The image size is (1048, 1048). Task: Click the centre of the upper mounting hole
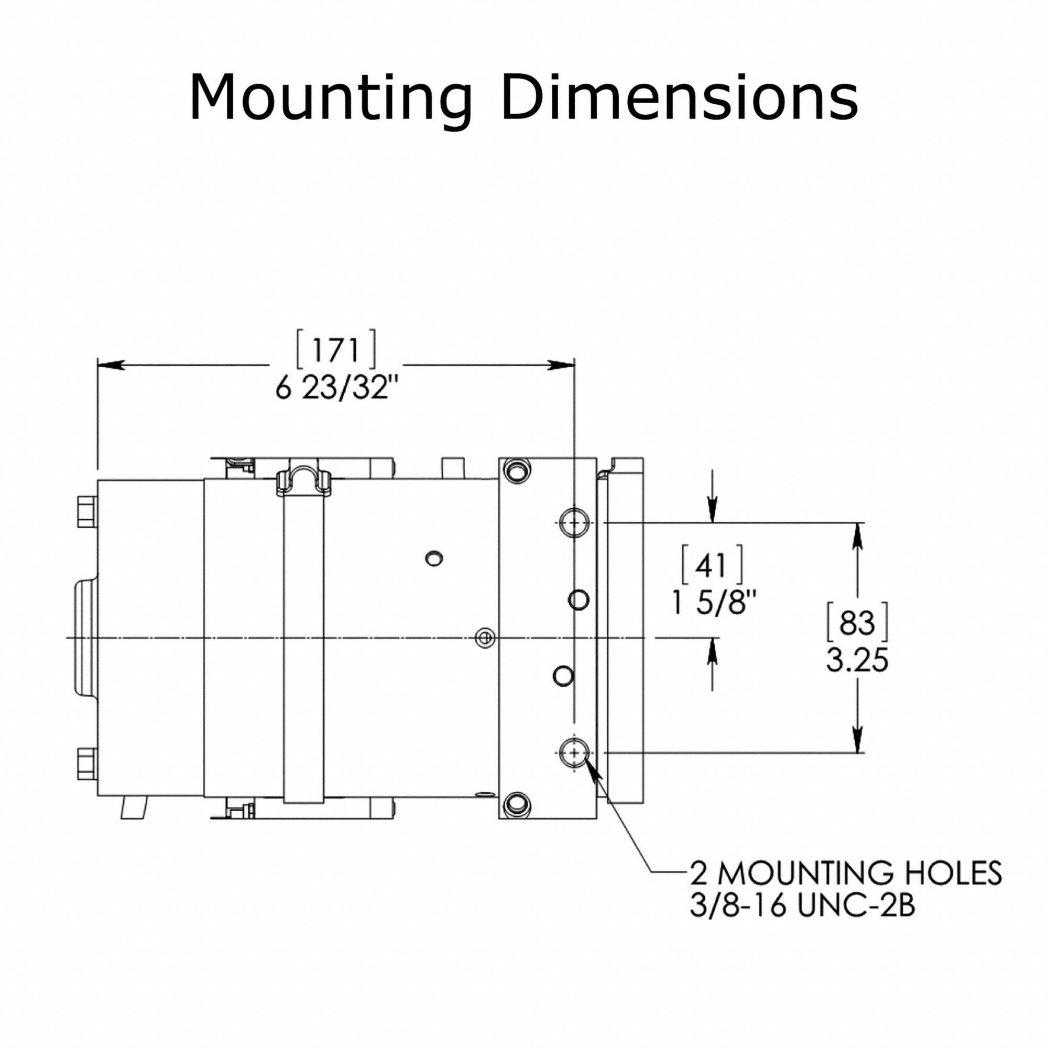pos(574,523)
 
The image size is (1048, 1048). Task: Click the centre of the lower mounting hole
pos(574,752)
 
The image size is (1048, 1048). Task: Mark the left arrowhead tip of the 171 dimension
pos(98,365)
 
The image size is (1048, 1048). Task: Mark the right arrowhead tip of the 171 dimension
pos(574,365)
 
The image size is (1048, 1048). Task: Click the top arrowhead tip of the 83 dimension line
pos(858,523)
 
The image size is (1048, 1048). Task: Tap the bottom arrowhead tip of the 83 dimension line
pos(858,752)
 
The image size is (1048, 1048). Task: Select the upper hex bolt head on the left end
pos(88,511)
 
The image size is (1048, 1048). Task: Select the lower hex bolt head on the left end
pos(88,764)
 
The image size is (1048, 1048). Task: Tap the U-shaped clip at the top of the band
pos(304,482)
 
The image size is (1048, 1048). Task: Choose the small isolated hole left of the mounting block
pos(434,558)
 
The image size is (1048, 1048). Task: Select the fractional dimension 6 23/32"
pos(337,388)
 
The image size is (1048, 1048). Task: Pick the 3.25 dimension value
pos(857,661)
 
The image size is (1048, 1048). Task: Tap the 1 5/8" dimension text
pos(713,602)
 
